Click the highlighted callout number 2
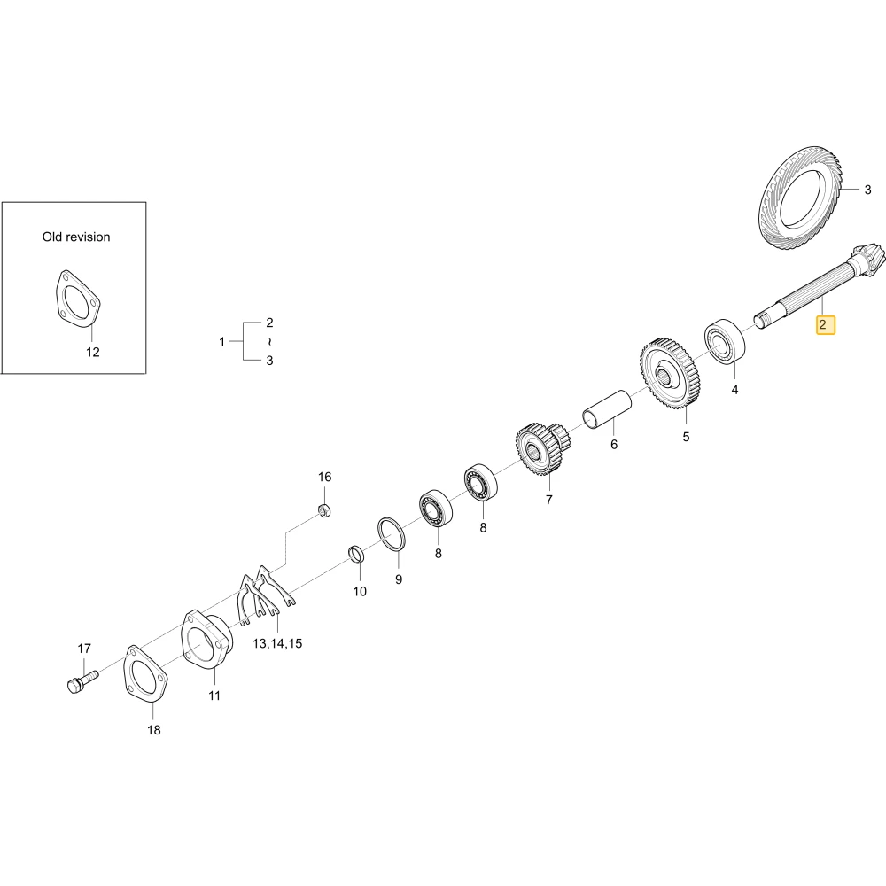[x=823, y=325]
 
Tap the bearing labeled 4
[x=724, y=340]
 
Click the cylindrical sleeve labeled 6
[x=607, y=409]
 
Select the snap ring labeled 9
[x=392, y=533]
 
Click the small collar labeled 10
[x=355, y=555]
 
